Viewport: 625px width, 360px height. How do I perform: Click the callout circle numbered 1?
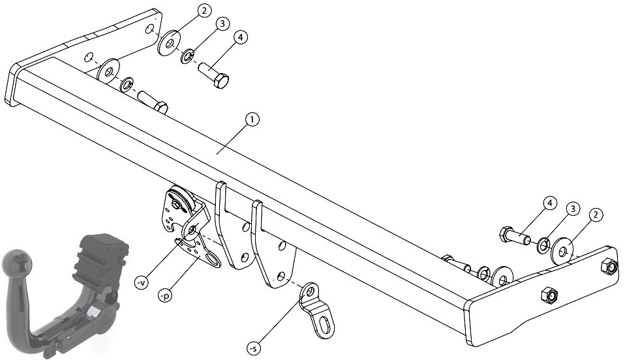[x=252, y=119]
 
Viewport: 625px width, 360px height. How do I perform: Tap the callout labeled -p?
[x=164, y=296]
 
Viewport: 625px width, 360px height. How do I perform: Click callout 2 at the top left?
[x=204, y=11]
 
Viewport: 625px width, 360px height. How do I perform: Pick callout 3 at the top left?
[x=222, y=24]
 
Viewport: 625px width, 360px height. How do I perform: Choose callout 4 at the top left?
[x=239, y=37]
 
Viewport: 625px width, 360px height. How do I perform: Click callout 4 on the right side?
[x=550, y=203]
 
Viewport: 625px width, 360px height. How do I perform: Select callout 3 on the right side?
[x=573, y=209]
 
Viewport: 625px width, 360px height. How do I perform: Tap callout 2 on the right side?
[x=596, y=215]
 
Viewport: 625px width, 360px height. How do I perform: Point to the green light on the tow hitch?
[x=69, y=337]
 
